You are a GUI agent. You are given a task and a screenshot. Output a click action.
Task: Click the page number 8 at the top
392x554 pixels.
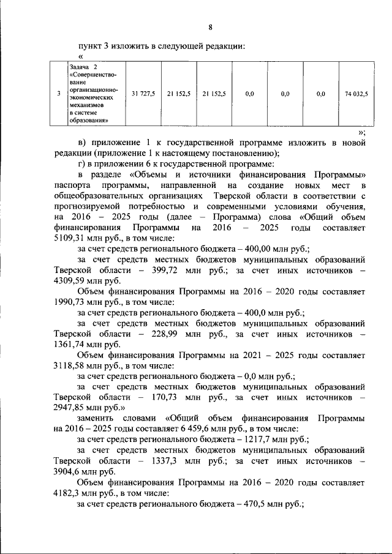tap(210, 28)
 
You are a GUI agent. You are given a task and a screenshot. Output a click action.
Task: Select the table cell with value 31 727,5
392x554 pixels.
tap(143, 94)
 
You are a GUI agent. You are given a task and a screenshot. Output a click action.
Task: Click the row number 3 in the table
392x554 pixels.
tap(58, 94)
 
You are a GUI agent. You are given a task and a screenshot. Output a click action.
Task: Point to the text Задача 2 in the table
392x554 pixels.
tap(84, 66)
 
